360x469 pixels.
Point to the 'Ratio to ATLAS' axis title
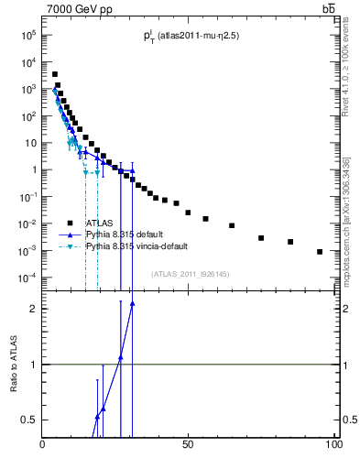14,364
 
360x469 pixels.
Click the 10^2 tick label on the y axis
27,116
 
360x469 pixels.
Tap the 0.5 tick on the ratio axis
28,420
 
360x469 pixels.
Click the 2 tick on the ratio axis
33,309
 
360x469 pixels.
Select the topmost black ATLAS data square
54,74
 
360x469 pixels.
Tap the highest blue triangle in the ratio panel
132,303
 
